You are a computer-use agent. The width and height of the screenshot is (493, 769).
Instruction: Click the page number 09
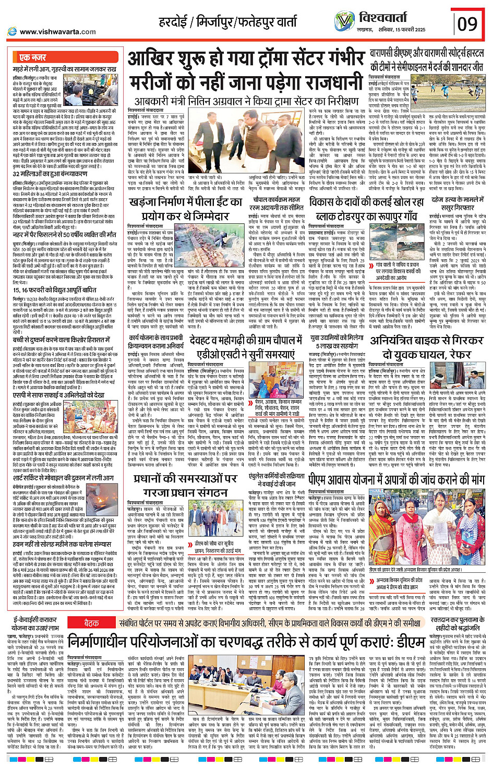click(467, 24)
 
